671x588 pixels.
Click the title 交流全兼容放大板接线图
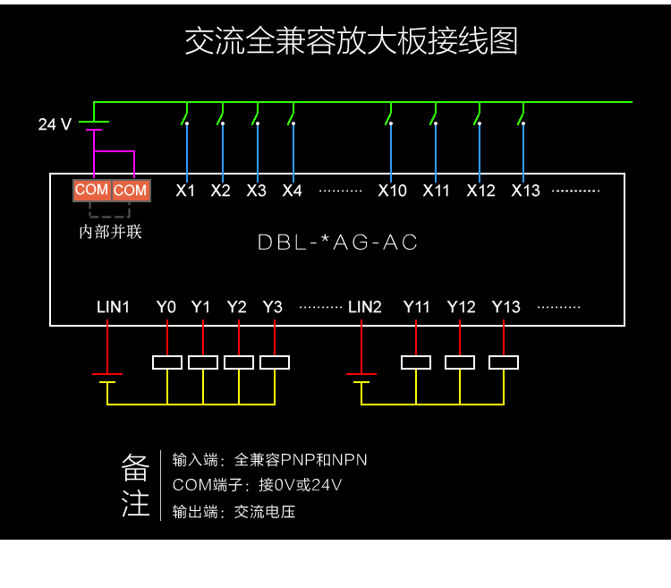[x=351, y=41]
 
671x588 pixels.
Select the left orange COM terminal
[x=91, y=190]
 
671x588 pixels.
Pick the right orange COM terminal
[x=131, y=190]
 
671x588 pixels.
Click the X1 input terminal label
[x=185, y=191]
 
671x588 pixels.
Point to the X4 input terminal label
[x=292, y=191]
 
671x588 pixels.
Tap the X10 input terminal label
[x=392, y=191]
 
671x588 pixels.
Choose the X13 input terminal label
[x=525, y=191]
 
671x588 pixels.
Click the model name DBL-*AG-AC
[x=338, y=243]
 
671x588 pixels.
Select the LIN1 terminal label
[x=114, y=307]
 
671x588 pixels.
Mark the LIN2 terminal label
[x=365, y=307]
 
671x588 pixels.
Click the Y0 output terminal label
[x=166, y=307]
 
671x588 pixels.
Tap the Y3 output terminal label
[x=273, y=307]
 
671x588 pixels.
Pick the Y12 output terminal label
[x=461, y=307]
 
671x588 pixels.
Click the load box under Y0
[x=167, y=362]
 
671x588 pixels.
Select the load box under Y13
[x=505, y=362]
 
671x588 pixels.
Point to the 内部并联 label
[x=111, y=233]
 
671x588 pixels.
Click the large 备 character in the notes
[x=135, y=468]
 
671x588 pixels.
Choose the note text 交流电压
[x=265, y=513]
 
